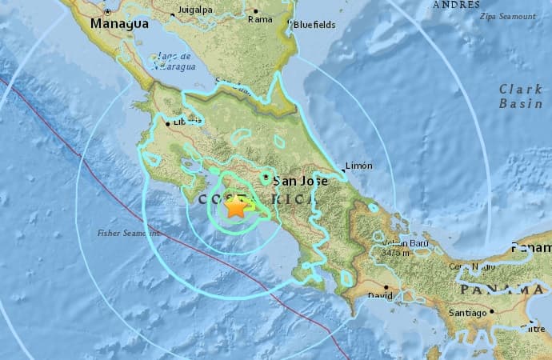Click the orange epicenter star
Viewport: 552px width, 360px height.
point(237,207)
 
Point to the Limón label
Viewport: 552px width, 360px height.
point(358,166)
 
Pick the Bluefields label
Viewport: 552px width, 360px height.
point(314,25)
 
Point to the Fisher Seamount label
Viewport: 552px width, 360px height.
point(128,233)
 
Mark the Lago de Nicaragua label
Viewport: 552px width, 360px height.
point(174,60)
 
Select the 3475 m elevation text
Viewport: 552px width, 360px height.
point(395,253)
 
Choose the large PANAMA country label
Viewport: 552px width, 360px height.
point(502,288)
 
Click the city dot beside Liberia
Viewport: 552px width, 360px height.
point(167,123)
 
